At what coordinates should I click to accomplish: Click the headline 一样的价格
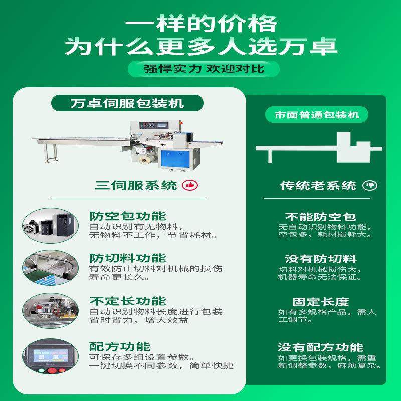[x=200, y=24]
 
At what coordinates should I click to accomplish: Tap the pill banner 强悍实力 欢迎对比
[x=200, y=68]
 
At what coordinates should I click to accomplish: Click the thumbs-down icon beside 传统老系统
[x=372, y=186]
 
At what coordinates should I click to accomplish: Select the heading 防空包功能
[x=127, y=216]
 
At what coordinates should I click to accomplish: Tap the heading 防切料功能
[x=127, y=258]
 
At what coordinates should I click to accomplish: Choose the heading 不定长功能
[x=127, y=301]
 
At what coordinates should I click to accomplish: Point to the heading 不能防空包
[x=321, y=217]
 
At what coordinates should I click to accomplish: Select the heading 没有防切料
[x=321, y=259]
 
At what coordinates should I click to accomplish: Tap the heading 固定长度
[x=321, y=302]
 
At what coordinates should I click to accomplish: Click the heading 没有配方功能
[x=321, y=347]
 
